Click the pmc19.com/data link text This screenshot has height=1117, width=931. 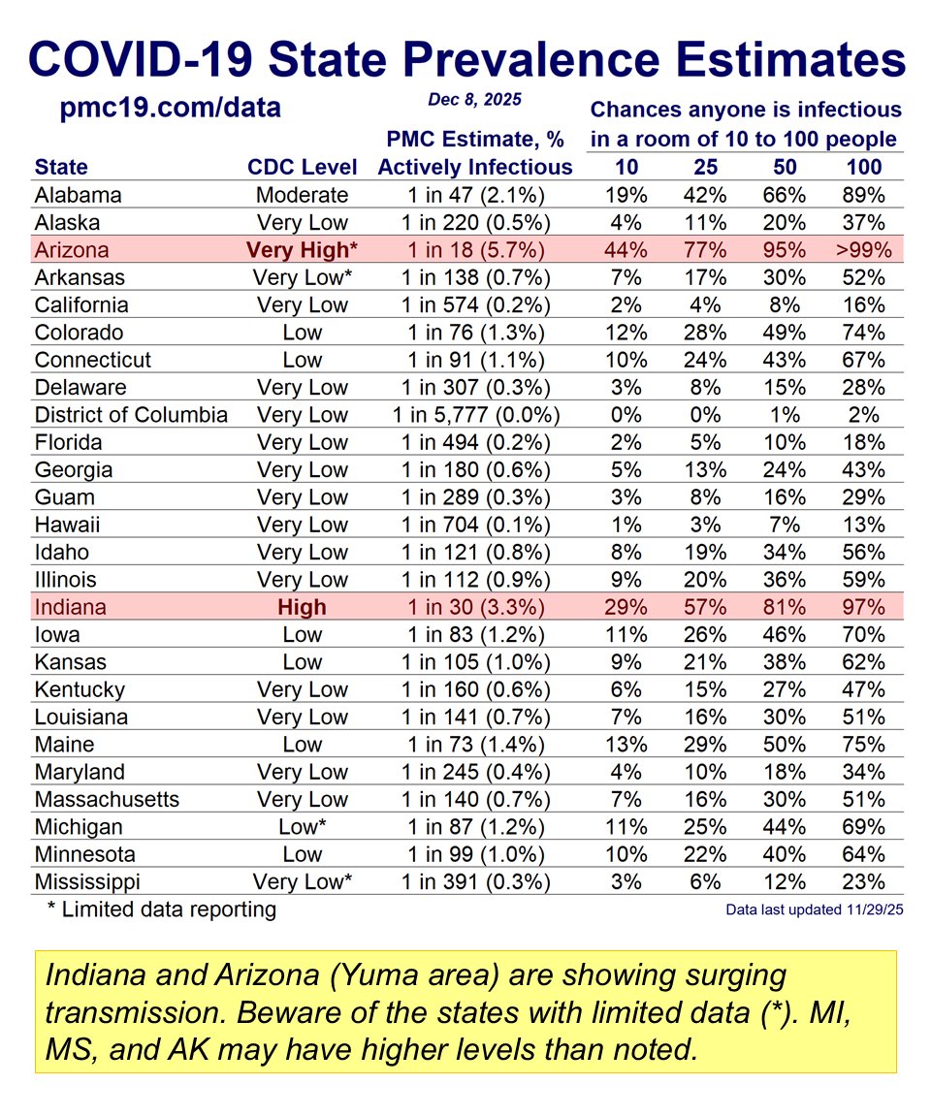[x=170, y=107]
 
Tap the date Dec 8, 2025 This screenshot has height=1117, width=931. [x=474, y=99]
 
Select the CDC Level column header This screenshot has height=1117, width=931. [x=302, y=167]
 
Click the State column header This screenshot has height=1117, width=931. [x=60, y=167]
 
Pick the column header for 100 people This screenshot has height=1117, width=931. [x=863, y=167]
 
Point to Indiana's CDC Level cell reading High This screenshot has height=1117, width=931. [x=302, y=607]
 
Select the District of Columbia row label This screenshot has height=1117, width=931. [x=131, y=415]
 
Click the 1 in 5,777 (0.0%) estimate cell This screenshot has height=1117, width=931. [x=475, y=415]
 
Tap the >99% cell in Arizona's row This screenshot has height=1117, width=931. [x=863, y=249]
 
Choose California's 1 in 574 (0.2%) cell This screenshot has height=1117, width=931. [x=475, y=304]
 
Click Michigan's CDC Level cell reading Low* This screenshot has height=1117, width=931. [x=302, y=827]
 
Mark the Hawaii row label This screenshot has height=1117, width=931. [x=67, y=525]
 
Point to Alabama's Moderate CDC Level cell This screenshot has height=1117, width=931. [x=302, y=194]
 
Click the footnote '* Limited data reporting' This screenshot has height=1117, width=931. [x=161, y=910]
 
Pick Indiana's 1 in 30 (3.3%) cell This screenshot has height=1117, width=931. [x=475, y=607]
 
